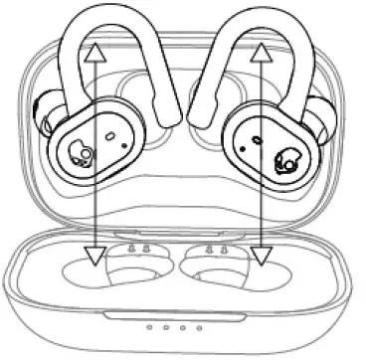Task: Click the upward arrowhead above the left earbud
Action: tap(94, 52)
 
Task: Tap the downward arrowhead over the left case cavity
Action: tap(94, 257)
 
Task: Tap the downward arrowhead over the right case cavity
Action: tap(262, 257)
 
